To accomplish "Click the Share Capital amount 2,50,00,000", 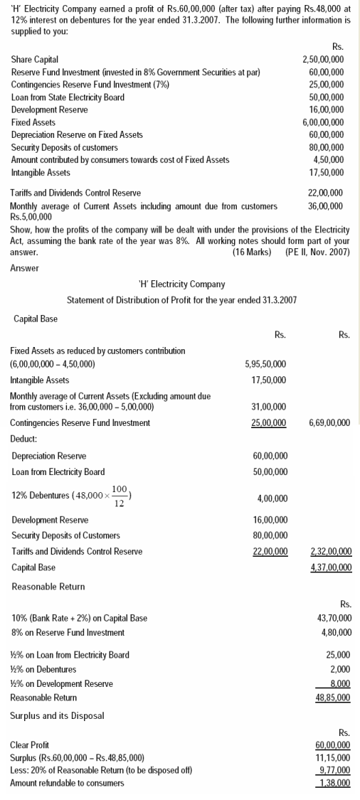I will [323, 59].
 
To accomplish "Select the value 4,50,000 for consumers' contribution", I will [329, 159].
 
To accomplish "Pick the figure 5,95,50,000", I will [265, 364].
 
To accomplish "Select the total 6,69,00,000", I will [329, 423].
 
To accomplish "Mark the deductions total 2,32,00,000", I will [331, 552].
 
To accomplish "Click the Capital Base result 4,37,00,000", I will [331, 567].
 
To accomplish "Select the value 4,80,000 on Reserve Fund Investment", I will [336, 632].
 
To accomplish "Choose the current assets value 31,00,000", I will [269, 407].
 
